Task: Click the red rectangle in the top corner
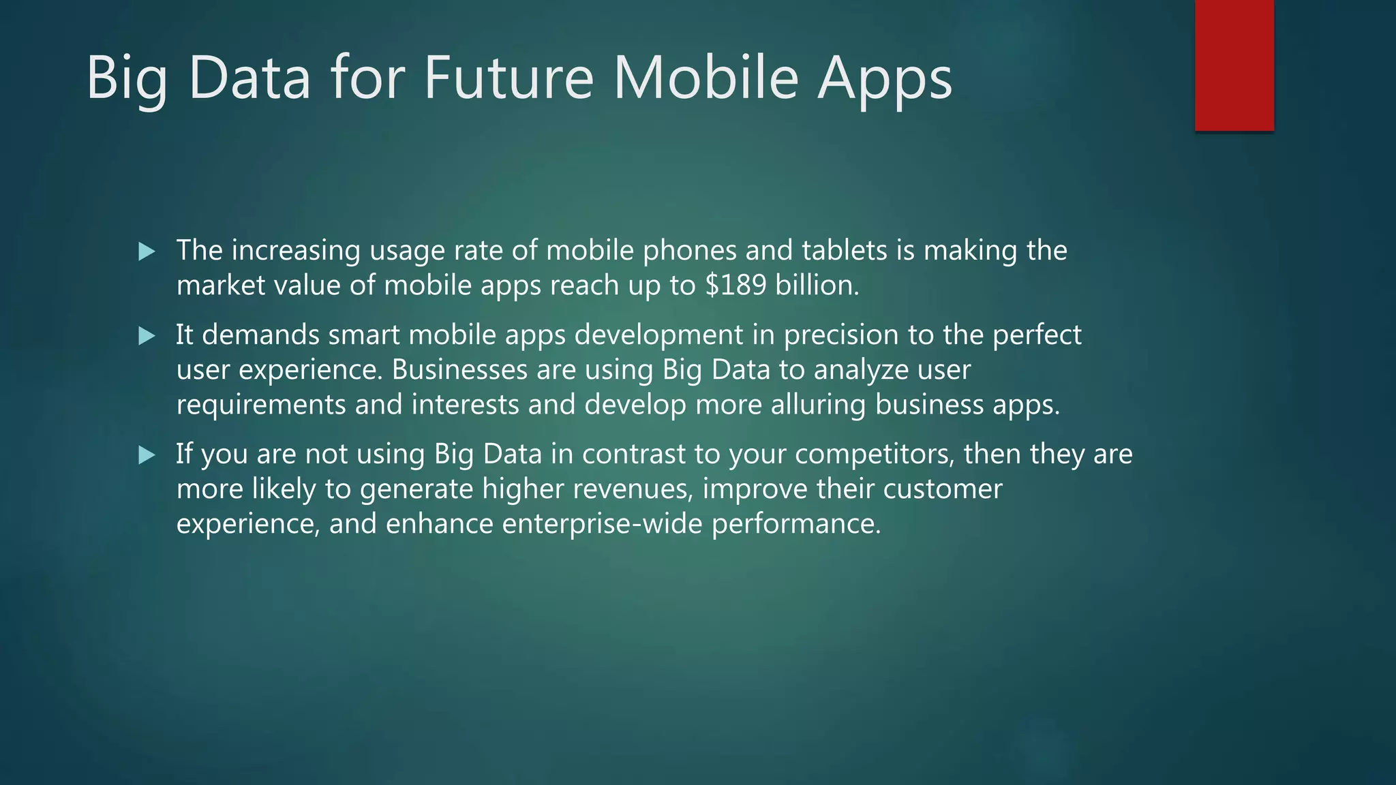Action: point(1234,65)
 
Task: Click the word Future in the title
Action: point(509,78)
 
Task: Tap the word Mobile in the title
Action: point(705,78)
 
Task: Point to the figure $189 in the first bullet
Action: point(735,285)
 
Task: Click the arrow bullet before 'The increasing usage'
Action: point(147,252)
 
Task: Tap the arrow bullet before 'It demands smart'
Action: point(147,336)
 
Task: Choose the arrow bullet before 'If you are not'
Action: point(147,455)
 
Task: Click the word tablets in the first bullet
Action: point(844,250)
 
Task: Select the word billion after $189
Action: point(817,285)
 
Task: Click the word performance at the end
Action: point(796,524)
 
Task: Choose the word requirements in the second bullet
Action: point(261,405)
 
